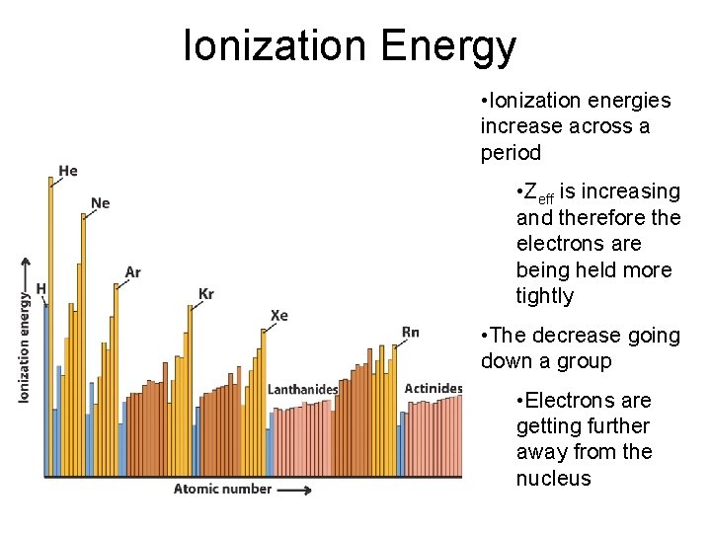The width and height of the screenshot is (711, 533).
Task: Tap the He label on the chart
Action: tap(68, 171)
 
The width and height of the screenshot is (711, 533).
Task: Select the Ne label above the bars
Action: tap(100, 203)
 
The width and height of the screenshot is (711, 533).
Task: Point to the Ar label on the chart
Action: tap(132, 272)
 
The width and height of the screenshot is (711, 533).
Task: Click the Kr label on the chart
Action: tap(206, 294)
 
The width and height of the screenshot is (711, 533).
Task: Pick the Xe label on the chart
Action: tap(279, 316)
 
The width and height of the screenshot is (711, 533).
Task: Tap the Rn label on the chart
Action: tap(411, 332)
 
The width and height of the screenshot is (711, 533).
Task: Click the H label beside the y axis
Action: tap(40, 288)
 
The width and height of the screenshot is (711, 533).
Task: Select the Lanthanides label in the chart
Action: tap(302, 389)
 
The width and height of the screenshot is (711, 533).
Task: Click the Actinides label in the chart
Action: tap(434, 388)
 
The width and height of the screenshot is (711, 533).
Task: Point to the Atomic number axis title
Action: tap(222, 489)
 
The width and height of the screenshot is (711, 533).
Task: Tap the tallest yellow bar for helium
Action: tap(50, 326)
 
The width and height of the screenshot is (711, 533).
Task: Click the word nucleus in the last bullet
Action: tap(553, 479)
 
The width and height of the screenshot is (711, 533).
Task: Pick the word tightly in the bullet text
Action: tap(544, 296)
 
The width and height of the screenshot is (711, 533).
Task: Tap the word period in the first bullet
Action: tap(511, 153)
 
